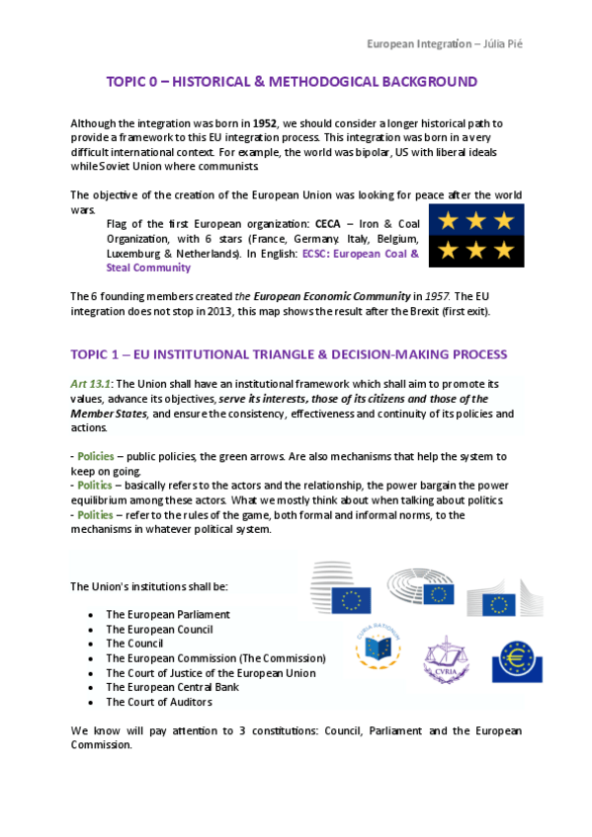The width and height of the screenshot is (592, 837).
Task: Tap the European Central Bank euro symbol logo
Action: [515, 656]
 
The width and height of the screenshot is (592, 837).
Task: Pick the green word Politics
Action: [98, 487]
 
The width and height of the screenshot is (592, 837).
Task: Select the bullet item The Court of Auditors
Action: [158, 703]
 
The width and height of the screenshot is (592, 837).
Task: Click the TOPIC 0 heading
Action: [292, 82]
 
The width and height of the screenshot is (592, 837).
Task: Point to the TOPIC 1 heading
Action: [289, 354]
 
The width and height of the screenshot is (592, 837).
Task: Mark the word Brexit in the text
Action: [366, 311]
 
